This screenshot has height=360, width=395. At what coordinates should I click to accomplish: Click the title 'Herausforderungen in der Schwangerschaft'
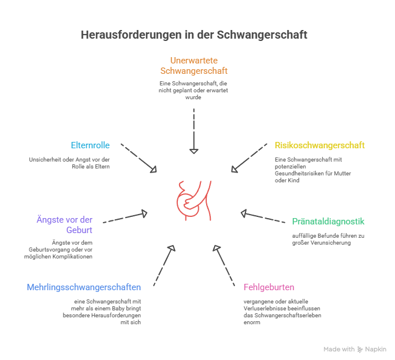193,35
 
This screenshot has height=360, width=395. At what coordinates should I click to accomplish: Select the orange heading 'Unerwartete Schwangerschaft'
193,66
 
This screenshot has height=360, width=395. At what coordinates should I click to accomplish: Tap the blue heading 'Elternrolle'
90,145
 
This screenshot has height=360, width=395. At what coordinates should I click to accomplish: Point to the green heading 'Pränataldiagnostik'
328,222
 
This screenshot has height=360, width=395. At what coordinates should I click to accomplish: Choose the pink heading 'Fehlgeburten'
269,287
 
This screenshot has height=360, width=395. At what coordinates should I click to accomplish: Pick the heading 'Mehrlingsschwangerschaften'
84,287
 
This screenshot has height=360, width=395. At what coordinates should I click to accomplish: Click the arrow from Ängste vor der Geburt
124,217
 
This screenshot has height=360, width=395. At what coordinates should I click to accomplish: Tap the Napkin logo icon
360,349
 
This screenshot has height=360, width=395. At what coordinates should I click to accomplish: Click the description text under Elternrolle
69,163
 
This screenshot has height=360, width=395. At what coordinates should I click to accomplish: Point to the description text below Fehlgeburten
282,312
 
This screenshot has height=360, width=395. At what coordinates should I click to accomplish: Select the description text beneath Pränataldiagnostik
328,239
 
